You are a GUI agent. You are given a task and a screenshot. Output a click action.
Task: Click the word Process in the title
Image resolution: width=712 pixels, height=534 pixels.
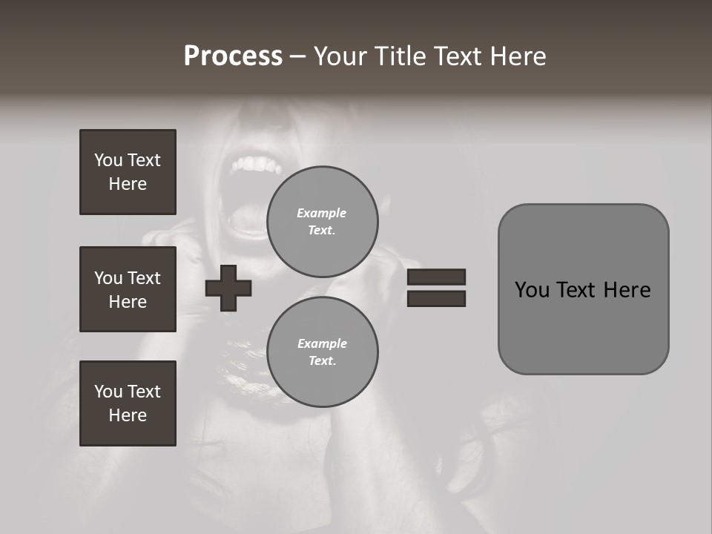(233, 56)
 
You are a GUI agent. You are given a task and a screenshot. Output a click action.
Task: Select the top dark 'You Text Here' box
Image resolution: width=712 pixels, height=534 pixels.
(128, 172)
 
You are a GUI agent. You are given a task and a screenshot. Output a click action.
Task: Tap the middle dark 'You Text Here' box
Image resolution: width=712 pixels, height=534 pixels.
(128, 289)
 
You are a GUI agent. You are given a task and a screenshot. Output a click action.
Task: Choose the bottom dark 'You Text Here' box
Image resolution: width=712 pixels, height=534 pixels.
(128, 403)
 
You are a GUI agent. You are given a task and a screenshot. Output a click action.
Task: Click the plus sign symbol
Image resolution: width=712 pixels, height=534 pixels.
(228, 288)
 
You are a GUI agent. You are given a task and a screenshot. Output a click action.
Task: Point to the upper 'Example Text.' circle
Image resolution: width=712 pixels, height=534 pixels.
(322, 221)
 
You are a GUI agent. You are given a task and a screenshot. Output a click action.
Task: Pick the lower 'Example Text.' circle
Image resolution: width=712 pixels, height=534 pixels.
(322, 352)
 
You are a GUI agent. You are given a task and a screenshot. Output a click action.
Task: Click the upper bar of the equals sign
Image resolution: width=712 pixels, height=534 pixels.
(436, 277)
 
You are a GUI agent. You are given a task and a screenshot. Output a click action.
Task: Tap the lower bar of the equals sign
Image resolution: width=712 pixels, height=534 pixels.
(436, 298)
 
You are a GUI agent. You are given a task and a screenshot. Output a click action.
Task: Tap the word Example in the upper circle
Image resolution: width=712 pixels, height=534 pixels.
(322, 213)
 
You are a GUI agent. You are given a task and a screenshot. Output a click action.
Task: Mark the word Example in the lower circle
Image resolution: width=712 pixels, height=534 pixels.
(322, 343)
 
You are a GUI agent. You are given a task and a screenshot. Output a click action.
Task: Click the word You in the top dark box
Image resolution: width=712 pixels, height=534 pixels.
(108, 160)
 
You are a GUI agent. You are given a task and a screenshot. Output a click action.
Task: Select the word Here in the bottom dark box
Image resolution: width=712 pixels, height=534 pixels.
(128, 415)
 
